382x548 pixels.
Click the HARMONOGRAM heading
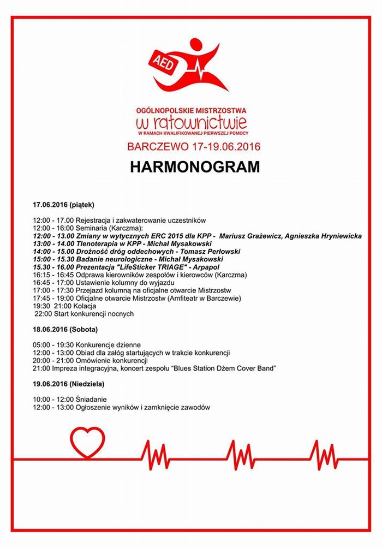point(195,167)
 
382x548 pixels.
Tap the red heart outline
point(87,442)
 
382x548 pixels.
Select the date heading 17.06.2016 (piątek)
point(63,205)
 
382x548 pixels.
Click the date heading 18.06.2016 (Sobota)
point(65,330)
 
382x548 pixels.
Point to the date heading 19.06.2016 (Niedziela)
point(68,384)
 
